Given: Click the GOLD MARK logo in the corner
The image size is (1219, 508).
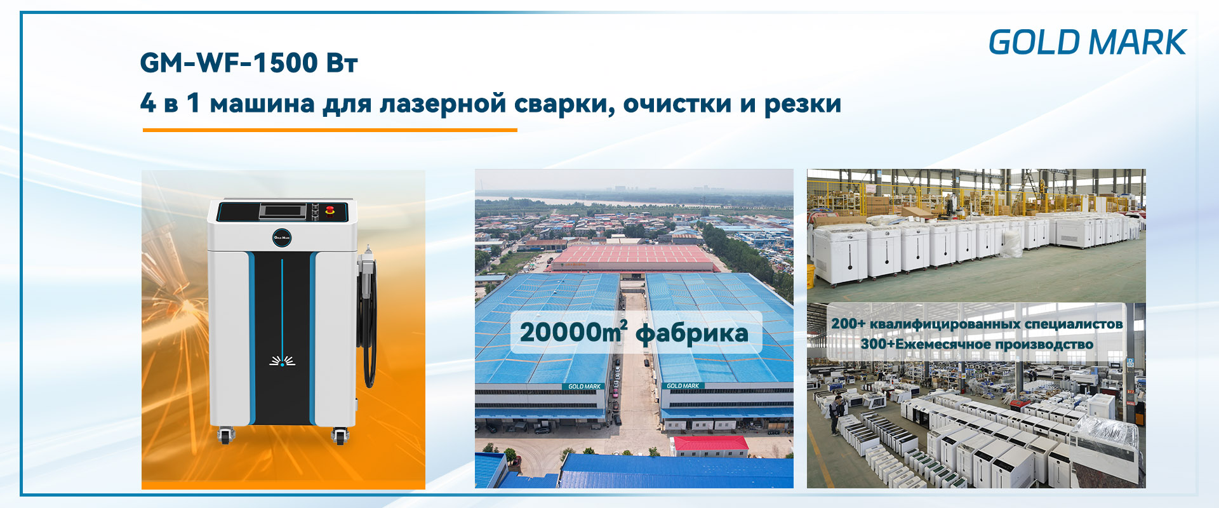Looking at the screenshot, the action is coord(1088,43).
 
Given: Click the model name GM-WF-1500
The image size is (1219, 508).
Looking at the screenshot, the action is coord(229,63).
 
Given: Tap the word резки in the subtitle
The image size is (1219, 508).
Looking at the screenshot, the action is coord(803,104).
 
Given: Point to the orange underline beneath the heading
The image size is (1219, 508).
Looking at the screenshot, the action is coord(330,130).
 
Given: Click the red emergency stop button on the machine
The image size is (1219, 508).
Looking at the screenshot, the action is coord(330,210).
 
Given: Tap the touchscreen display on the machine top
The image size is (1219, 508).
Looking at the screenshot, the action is coord(281,211).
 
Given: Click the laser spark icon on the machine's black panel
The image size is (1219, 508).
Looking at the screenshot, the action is coord(282,361).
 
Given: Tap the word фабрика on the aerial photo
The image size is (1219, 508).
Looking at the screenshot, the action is coord(692,334).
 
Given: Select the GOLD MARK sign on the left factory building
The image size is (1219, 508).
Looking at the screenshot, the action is coord(584,386).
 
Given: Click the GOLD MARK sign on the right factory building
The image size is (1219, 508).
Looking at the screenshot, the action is coord(683,385).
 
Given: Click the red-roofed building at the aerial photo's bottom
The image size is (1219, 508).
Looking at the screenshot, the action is coord(710,446).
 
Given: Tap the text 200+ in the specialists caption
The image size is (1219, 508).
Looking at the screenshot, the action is coord(848,324).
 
